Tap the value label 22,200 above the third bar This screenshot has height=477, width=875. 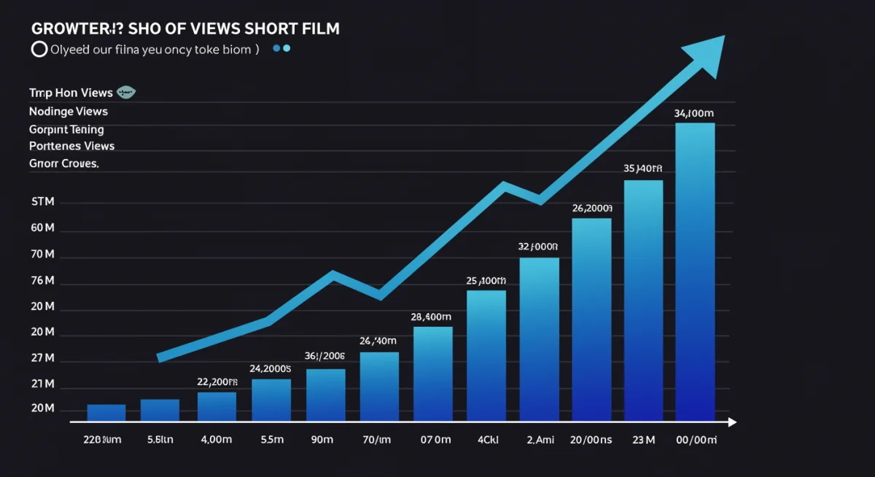pyautogui.click(x=217, y=381)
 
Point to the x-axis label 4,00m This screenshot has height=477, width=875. pyautogui.click(x=217, y=440)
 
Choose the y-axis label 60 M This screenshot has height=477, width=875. pyautogui.click(x=43, y=228)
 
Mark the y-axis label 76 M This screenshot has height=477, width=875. pyautogui.click(x=43, y=281)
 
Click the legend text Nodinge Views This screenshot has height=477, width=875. pyautogui.click(x=68, y=112)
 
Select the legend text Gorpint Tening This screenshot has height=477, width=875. pyautogui.click(x=66, y=129)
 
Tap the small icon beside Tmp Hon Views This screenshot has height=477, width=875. pyautogui.click(x=127, y=93)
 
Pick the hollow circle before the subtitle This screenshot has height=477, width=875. pyautogui.click(x=39, y=50)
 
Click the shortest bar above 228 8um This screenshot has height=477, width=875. pyautogui.click(x=106, y=413)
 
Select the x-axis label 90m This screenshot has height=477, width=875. pyautogui.click(x=322, y=440)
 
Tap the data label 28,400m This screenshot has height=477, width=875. pyautogui.click(x=431, y=317)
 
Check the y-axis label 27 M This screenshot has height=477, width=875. pyautogui.click(x=43, y=358)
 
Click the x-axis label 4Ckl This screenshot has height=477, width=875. pyautogui.click(x=487, y=440)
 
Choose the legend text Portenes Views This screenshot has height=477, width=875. pyautogui.click(x=71, y=146)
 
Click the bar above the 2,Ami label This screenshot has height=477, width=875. pyautogui.click(x=539, y=339)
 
